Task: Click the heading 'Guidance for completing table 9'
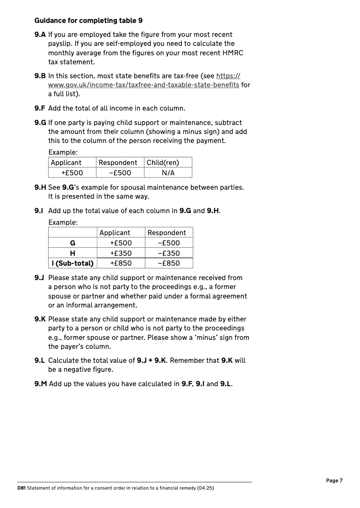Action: pyautogui.click(x=89, y=21)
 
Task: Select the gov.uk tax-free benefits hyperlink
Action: pyautogui.click(x=144, y=85)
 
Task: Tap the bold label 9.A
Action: pyautogui.click(x=40, y=35)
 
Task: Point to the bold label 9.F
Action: pyautogui.click(x=40, y=108)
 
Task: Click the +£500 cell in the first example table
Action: pyautogui.click(x=72, y=173)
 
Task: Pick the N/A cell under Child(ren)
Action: pyautogui.click(x=168, y=173)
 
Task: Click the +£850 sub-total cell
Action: pyautogui.click(x=121, y=263)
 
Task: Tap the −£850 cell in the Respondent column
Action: pyautogui.click(x=169, y=263)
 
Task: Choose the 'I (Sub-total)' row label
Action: pyautogui.click(x=72, y=263)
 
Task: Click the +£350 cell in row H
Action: pyautogui.click(x=121, y=254)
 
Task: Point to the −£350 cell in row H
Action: pyautogui.click(x=169, y=254)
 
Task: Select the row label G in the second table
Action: pyautogui.click(x=72, y=243)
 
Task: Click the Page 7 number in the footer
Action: pyautogui.click(x=334, y=481)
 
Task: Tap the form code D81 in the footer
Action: pyautogui.click(x=21, y=488)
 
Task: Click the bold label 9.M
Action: pyautogui.click(x=40, y=384)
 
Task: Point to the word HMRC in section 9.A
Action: pyautogui.click(x=233, y=53)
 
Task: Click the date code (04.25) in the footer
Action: pyautogui.click(x=205, y=488)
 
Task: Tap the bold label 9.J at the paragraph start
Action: pyautogui.click(x=40, y=278)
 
